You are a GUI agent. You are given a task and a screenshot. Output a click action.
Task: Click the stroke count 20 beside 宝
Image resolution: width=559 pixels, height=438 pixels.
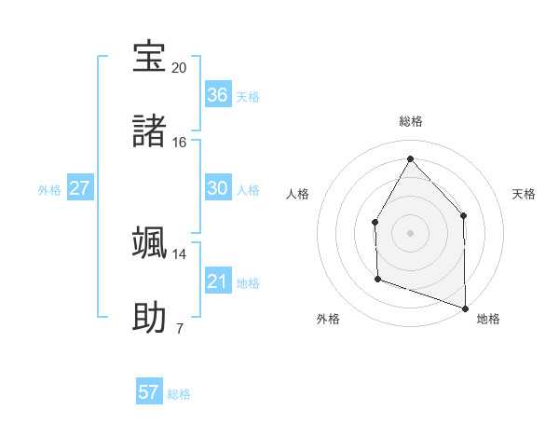[x=180, y=68]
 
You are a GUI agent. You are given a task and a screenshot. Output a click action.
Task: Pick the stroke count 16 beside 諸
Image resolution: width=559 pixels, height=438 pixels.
[x=180, y=143]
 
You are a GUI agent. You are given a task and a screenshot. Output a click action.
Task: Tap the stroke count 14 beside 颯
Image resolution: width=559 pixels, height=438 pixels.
[x=180, y=253]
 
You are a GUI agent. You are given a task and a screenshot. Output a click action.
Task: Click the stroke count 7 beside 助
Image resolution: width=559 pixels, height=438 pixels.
[x=180, y=328]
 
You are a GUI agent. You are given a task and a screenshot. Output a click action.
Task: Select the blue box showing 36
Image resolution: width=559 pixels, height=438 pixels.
[x=217, y=95]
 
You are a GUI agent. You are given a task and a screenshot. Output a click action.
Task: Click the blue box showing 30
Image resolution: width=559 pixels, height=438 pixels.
[x=217, y=188]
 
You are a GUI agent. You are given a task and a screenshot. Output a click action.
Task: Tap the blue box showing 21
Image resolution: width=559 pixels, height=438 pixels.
[x=217, y=281]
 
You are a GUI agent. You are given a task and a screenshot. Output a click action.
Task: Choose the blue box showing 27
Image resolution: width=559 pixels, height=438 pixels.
[x=80, y=188]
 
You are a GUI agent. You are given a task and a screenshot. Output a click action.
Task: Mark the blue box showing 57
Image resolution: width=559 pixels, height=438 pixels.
[x=149, y=392]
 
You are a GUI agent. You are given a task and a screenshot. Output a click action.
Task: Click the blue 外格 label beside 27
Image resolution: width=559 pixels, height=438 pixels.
[x=49, y=190]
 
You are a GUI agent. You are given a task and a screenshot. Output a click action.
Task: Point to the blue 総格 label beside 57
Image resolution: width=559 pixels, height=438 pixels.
[x=179, y=394]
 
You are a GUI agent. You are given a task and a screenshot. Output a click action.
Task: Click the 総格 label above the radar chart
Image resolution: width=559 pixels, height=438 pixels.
[x=411, y=121]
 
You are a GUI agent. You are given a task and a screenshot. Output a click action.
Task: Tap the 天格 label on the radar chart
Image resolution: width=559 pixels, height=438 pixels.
[x=524, y=194]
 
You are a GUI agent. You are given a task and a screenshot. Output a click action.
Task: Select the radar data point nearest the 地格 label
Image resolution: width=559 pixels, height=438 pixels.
[x=465, y=308]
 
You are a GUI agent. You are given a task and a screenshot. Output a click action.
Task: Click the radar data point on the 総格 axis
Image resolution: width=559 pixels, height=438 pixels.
[x=410, y=158]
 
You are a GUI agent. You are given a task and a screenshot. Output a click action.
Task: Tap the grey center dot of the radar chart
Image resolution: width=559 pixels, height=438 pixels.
[x=410, y=232]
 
